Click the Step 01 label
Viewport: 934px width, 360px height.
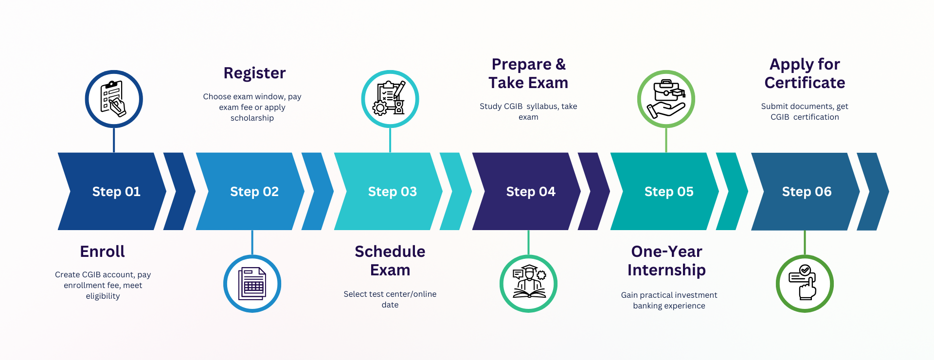[116, 192]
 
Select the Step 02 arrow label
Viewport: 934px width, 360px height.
[254, 192]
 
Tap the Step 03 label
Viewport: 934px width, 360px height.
[392, 192]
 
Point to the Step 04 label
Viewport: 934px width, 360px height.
[531, 192]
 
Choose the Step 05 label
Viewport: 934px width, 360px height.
[669, 192]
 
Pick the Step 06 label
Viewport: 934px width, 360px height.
[807, 192]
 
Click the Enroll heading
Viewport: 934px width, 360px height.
[103, 252]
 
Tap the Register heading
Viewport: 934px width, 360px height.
[254, 73]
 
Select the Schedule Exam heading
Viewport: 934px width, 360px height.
[390, 261]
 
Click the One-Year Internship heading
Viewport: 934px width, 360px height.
[666, 261]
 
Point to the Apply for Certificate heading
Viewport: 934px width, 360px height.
[805, 73]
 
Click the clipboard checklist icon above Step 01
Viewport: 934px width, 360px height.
[114, 99]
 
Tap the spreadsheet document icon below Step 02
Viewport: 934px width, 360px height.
[252, 284]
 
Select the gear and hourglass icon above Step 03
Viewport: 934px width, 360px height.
[390, 99]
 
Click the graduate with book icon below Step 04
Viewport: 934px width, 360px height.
[528, 284]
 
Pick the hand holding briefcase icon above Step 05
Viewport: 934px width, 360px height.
[666, 99]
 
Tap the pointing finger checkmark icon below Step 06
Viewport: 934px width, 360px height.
[805, 284]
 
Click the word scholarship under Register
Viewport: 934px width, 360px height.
[252, 118]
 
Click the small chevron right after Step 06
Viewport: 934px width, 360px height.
[873, 192]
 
